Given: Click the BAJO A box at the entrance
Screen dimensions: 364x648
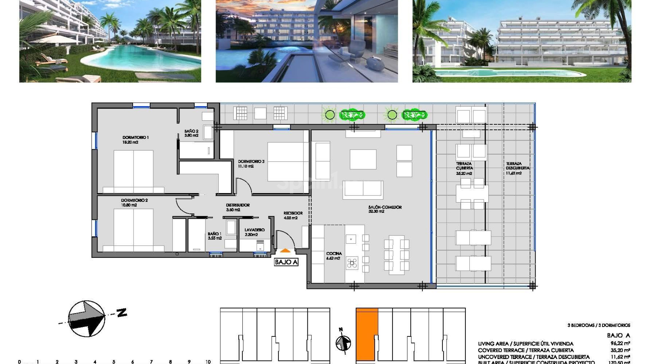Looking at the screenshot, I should [x=286, y=262].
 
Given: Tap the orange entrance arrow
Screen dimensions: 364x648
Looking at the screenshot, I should [x=285, y=250].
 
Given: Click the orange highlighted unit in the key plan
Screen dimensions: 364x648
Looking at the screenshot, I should [x=367, y=334].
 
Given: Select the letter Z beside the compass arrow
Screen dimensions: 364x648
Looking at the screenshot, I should [x=122, y=312].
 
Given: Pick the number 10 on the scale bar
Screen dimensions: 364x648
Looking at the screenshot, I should [x=208, y=362].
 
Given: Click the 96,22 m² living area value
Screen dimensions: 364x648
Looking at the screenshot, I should [x=620, y=343].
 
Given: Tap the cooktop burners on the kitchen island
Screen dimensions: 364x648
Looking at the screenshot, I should [x=352, y=263].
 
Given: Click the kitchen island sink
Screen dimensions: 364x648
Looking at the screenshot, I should [x=351, y=239].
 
